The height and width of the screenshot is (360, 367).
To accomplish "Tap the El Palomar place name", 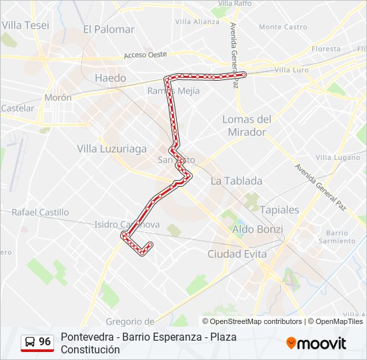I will click(x=109, y=29).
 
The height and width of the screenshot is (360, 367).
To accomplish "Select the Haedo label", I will click(x=110, y=78).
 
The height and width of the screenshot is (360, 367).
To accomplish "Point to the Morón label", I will click(x=57, y=97).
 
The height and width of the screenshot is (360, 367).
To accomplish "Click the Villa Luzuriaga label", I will click(x=111, y=149).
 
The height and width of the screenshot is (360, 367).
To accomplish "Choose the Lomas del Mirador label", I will click(x=247, y=125).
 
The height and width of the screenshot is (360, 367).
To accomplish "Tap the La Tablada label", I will click(x=236, y=181).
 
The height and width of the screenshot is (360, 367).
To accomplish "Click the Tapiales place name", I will click(x=279, y=209).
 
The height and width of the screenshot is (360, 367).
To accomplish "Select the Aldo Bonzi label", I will click(x=257, y=229).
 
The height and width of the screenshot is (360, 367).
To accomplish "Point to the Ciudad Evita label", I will click(x=237, y=254).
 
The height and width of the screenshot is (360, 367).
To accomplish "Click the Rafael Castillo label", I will click(x=40, y=212).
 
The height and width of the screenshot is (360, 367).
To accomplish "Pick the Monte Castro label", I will click(x=282, y=27).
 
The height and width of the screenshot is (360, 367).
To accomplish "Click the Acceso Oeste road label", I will click(x=145, y=55).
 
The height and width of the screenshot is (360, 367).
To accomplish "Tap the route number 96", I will click(x=45, y=342).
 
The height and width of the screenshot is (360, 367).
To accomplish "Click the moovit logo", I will click(x=316, y=343).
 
